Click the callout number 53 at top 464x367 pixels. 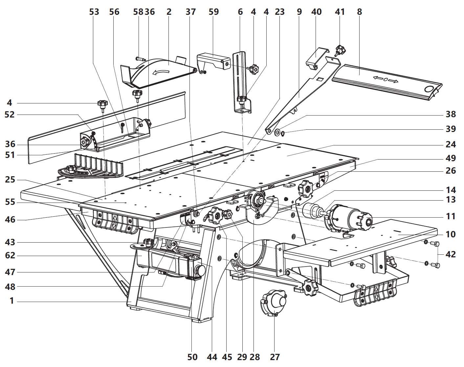(x=94, y=12)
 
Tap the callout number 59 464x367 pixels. (x=214, y=12)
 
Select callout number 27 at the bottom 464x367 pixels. (x=275, y=357)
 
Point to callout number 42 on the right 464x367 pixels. (x=451, y=254)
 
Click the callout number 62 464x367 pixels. (x=10, y=255)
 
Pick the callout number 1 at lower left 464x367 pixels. (x=12, y=301)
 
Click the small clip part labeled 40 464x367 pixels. (x=317, y=58)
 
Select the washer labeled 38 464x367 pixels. (x=277, y=132)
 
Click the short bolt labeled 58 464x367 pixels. (x=141, y=58)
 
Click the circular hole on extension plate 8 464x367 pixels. (x=429, y=89)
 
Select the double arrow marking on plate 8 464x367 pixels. (x=386, y=79)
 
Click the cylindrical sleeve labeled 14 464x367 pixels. (x=311, y=210)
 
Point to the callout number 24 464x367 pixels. (x=451, y=144)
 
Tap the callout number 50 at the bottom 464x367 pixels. (x=192, y=357)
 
